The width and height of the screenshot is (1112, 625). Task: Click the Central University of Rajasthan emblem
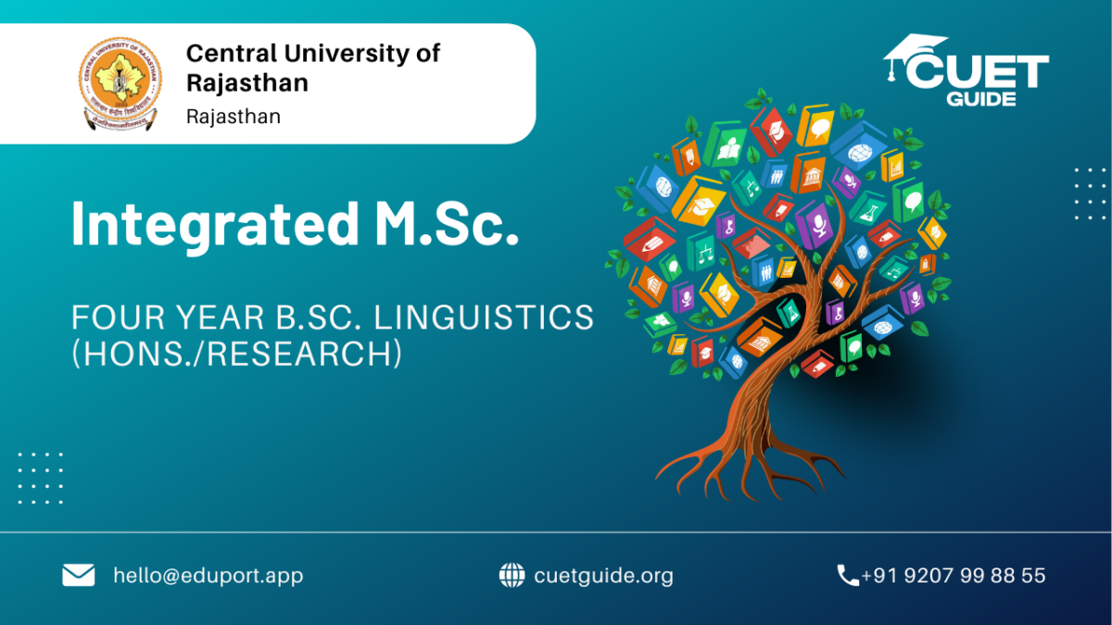pyautogui.click(x=120, y=83)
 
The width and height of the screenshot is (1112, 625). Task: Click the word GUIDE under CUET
pyautogui.click(x=981, y=99)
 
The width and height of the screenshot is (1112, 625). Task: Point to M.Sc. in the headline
pyautogui.click(x=448, y=223)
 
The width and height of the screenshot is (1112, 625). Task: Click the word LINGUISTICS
pyautogui.click(x=484, y=318)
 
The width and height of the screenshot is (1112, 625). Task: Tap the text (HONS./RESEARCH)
pyautogui.click(x=237, y=354)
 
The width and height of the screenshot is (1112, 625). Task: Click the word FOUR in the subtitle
pyautogui.click(x=119, y=318)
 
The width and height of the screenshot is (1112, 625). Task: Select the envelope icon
pyautogui.click(x=79, y=575)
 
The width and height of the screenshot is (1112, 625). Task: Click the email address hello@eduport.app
pyautogui.click(x=208, y=576)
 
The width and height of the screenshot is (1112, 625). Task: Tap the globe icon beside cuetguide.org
pyautogui.click(x=512, y=575)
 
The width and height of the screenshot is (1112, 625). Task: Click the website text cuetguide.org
pyautogui.click(x=603, y=576)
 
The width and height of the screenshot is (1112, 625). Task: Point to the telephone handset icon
pyautogui.click(x=848, y=575)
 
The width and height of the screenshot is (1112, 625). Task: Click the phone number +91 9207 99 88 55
pyautogui.click(x=954, y=575)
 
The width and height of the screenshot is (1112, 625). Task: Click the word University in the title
pyautogui.click(x=347, y=54)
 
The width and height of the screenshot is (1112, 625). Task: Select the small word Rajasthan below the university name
pyautogui.click(x=234, y=117)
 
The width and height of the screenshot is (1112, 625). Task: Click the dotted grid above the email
pyautogui.click(x=41, y=478)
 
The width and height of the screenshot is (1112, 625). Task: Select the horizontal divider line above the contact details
pyautogui.click(x=556, y=532)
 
